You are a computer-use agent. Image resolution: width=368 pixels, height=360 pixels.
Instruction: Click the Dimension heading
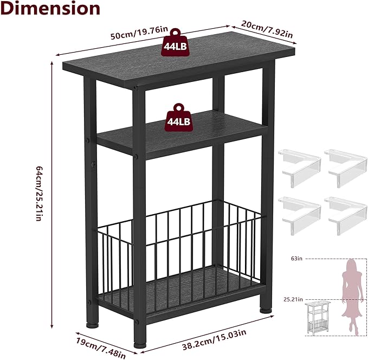(50, 8)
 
